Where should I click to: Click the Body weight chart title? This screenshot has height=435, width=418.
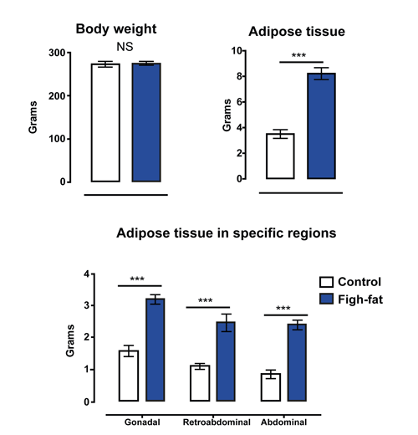tap(116, 29)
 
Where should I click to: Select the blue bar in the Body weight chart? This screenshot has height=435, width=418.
tap(146, 122)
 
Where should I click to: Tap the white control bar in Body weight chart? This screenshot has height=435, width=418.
tap(105, 123)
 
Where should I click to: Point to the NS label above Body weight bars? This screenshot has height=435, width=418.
tap(125, 47)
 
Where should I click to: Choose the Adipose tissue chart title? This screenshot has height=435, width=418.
tap(297, 32)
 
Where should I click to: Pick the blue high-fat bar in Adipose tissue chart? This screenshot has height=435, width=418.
tap(321, 125)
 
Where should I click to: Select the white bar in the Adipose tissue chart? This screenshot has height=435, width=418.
tap(280, 156)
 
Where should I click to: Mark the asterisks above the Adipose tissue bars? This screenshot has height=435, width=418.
tap(298, 55)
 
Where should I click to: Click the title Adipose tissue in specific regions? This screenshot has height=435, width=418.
tap(227, 233)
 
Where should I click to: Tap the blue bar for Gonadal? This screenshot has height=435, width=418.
tap(155, 350)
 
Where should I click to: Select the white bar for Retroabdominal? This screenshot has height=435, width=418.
tap(200, 383)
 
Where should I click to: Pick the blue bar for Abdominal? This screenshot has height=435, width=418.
tap(297, 362)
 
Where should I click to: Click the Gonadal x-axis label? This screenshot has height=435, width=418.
tap(142, 422)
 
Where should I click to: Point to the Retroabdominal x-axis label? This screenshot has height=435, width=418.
tap(217, 422)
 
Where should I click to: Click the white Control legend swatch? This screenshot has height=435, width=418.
tap(326, 282)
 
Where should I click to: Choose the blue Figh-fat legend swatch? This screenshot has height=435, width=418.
tap(326, 299)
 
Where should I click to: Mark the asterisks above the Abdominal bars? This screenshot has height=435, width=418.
tap(283, 308)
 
